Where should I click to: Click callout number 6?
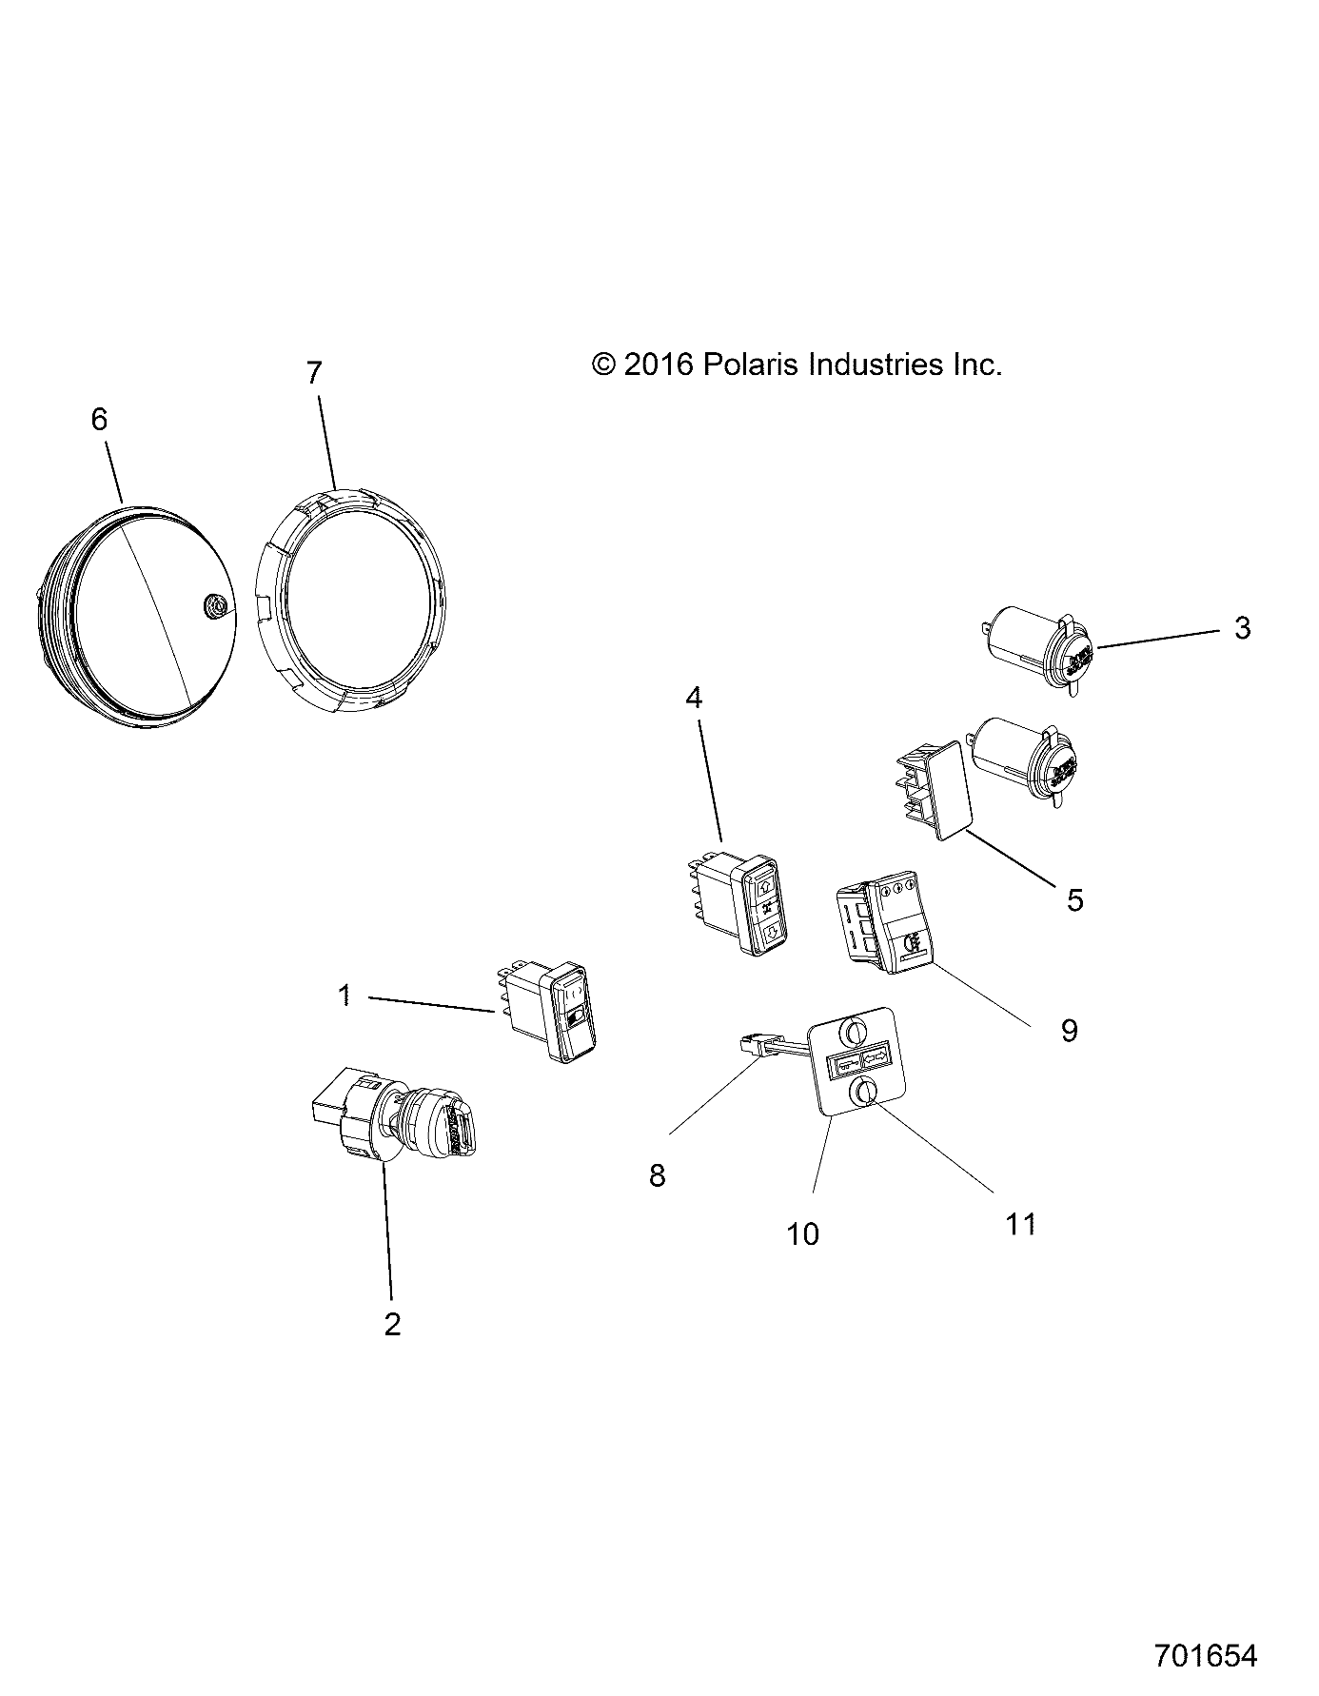99,420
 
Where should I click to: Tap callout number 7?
314,373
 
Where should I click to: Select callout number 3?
1242,628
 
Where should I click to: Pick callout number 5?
1074,899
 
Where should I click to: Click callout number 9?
1069,1030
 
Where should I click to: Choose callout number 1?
345,996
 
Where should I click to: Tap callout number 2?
392,1323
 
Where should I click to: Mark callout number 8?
657,1176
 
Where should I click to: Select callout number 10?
803,1234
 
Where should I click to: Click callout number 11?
1020,1224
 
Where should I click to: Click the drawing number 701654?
1206,1655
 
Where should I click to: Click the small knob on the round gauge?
214,604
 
